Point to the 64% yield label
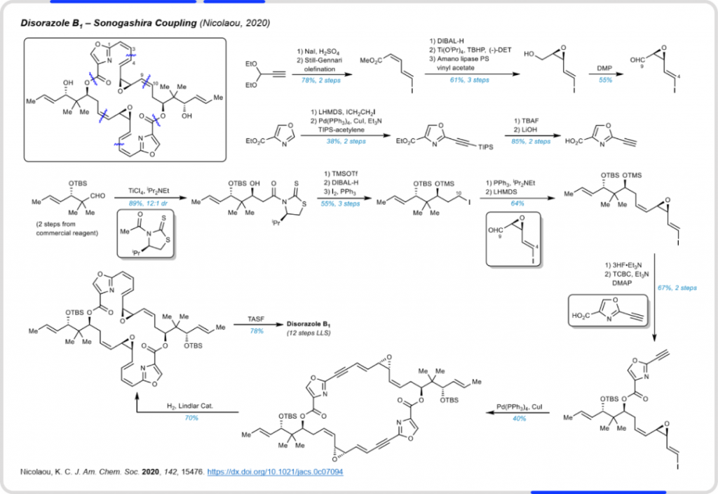point(517,203)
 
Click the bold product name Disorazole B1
point(309,323)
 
